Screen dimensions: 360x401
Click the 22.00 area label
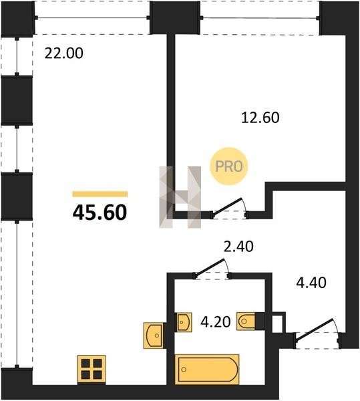point(64,53)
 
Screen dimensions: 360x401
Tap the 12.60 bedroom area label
point(260,118)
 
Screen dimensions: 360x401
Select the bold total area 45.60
point(100,213)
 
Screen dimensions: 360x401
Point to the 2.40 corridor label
point(238,247)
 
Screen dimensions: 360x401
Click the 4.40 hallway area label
point(311,283)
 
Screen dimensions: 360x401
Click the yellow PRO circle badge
point(229,166)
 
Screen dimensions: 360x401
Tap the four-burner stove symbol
point(92,370)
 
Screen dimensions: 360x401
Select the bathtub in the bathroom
point(207,370)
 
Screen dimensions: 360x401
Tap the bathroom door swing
point(212,269)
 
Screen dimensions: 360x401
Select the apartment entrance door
point(317,333)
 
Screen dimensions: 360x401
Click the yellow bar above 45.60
point(100,194)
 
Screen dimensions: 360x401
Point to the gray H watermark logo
point(180,197)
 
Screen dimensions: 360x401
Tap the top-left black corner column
point(18,18)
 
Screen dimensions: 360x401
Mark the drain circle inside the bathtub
point(184,370)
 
